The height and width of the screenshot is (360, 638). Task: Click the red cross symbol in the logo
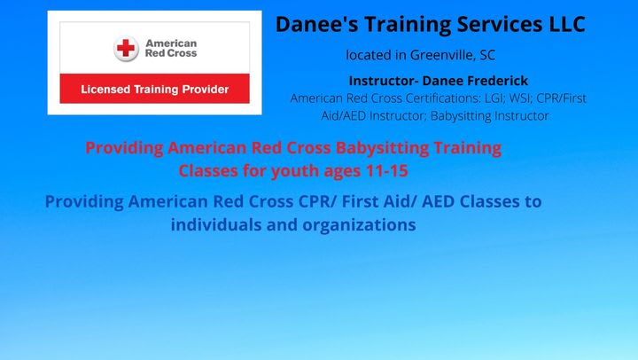126,48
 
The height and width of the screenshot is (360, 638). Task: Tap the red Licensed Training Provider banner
154,89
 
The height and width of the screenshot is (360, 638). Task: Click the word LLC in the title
567,24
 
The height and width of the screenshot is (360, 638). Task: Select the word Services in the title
500,24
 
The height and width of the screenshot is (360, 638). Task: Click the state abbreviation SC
487,55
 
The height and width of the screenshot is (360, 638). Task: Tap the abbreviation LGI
494,98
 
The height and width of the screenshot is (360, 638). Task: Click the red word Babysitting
382,148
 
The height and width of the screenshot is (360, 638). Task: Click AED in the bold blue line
439,201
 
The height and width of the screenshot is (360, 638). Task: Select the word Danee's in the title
317,24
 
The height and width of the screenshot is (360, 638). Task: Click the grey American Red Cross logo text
171,48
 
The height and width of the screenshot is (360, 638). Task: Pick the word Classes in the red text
208,170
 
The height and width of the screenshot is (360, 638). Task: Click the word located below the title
369,55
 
